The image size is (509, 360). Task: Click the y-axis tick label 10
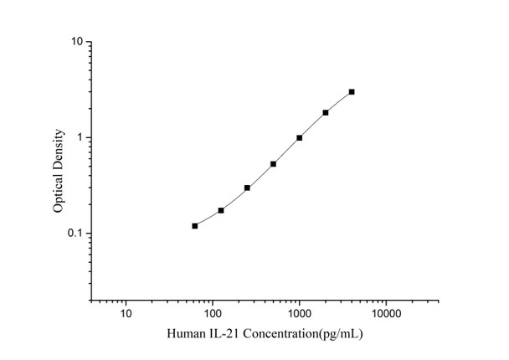coord(75,41)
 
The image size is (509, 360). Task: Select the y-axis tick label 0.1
coord(74,234)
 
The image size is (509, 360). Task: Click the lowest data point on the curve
coord(195,226)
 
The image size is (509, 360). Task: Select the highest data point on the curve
coord(352,91)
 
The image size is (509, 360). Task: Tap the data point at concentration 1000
coord(300,137)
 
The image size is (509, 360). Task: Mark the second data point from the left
coord(221,210)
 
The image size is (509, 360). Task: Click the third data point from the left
coord(247,188)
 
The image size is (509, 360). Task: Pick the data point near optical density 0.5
coord(274,164)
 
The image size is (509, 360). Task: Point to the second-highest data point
coord(326,112)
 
